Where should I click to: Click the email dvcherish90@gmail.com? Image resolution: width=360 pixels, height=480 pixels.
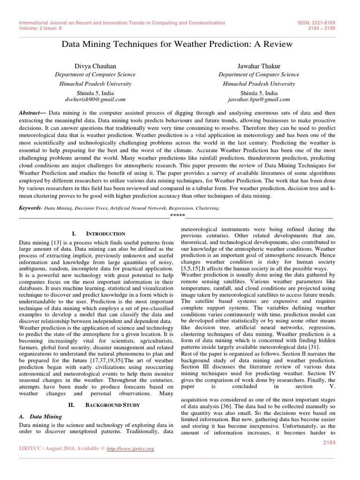point(95,99)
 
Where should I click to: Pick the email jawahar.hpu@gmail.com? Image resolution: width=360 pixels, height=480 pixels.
point(259,99)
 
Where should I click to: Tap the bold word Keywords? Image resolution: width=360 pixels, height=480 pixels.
point(29,208)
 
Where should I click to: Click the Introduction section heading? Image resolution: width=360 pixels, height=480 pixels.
point(99,233)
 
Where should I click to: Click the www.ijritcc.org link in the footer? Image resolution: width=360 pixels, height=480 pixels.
point(131,449)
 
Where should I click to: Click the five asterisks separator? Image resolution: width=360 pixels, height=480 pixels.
point(177,216)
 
